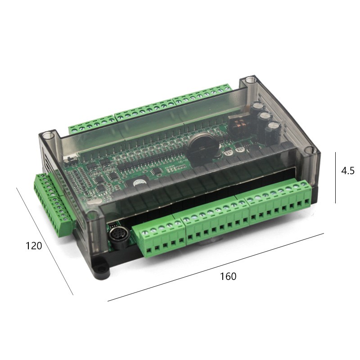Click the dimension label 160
(228, 276)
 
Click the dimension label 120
(33, 246)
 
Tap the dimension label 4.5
(347, 171)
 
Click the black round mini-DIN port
(118, 238)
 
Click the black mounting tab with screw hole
(100, 267)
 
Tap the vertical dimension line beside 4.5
(335, 177)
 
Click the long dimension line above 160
(216, 267)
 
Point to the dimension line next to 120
(45, 241)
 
